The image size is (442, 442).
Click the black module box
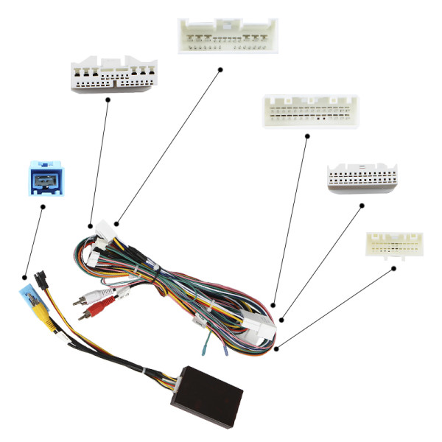207,386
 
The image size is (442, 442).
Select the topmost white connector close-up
228,35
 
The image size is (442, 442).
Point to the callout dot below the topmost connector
220,70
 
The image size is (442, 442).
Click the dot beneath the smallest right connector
393,268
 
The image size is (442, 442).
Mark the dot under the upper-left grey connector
108,101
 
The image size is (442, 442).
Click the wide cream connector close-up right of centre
310,111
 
